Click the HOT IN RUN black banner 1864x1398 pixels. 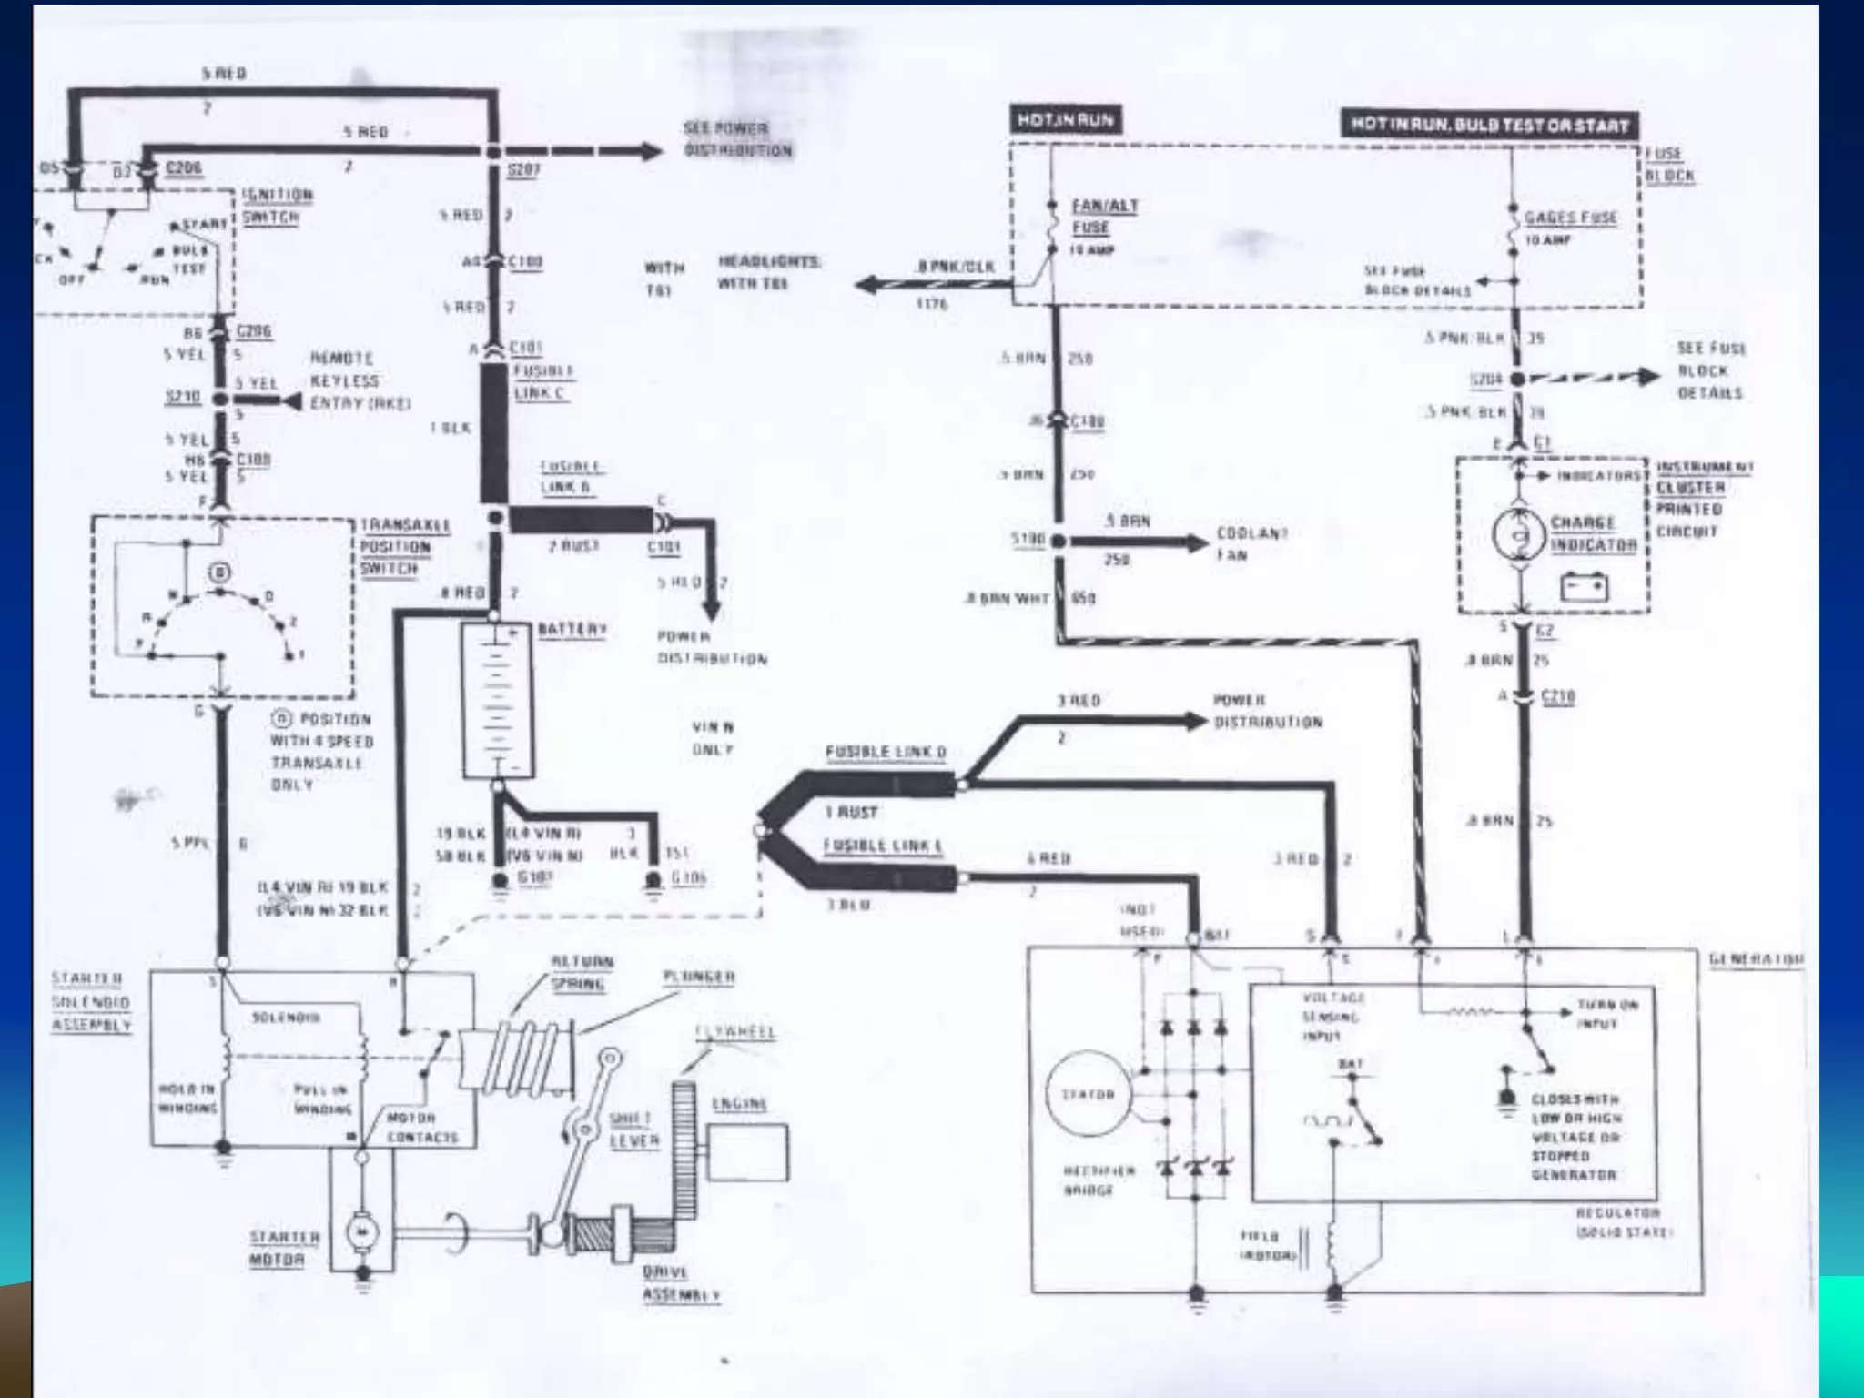pos(1065,120)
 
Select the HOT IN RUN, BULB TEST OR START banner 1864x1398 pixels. pos(1490,125)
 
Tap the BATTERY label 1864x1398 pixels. pos(572,629)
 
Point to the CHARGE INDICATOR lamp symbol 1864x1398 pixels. pos(1520,534)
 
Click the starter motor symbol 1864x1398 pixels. pos(362,1232)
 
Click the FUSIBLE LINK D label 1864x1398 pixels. pos(885,752)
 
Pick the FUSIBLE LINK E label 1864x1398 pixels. pos(883,846)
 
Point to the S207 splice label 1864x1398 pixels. pos(523,170)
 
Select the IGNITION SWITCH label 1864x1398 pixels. pos(278,206)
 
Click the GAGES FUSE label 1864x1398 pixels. pos(1571,218)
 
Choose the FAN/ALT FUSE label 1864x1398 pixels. pos(1103,217)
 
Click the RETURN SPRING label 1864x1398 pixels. pos(581,972)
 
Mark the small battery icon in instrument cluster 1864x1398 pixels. pos(1584,587)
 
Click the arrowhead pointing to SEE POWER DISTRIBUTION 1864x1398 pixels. pos(651,151)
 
